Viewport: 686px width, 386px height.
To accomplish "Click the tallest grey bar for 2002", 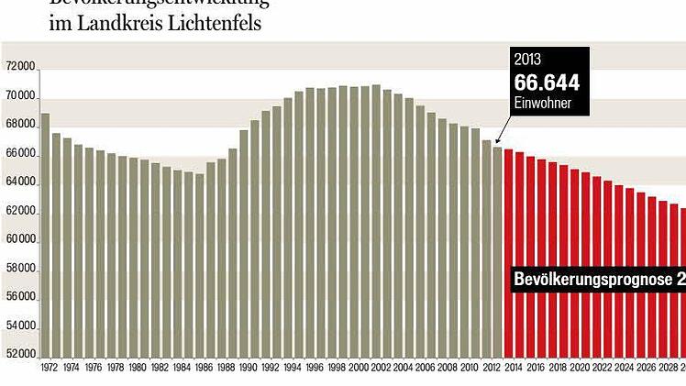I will coord(376,220).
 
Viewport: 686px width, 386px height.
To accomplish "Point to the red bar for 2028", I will coord(662,279).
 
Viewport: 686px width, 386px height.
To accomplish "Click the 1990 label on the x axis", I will coord(248,368).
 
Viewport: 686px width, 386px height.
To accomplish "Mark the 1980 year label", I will coord(138,368).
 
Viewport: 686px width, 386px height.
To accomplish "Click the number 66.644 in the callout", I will coord(547,83).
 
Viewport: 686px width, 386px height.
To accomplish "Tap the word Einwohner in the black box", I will coord(543,104).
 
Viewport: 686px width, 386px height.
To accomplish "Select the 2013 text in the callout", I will coord(527,60).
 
